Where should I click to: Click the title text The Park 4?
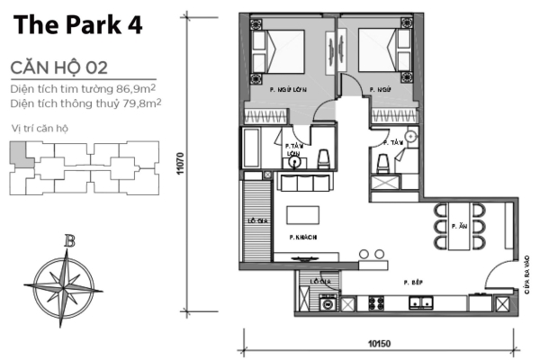click(x=77, y=26)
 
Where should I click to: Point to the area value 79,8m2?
click(x=140, y=104)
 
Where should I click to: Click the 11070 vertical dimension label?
click(x=181, y=162)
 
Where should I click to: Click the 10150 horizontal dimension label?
click(x=379, y=342)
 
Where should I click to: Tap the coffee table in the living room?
click(x=303, y=217)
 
